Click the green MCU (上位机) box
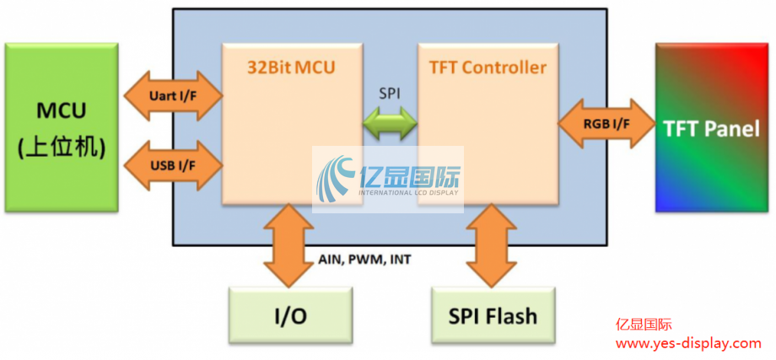point(62,126)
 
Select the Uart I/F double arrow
point(172,97)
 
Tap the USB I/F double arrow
point(172,163)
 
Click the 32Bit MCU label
point(291,67)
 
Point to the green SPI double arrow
point(390,125)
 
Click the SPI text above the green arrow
point(390,94)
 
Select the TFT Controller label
point(488,67)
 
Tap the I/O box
point(290,316)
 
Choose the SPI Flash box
point(493,316)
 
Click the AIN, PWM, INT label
point(365,260)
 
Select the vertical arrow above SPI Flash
point(492,244)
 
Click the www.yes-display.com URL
point(688,343)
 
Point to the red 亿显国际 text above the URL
point(644,324)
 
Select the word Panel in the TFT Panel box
point(732,128)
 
